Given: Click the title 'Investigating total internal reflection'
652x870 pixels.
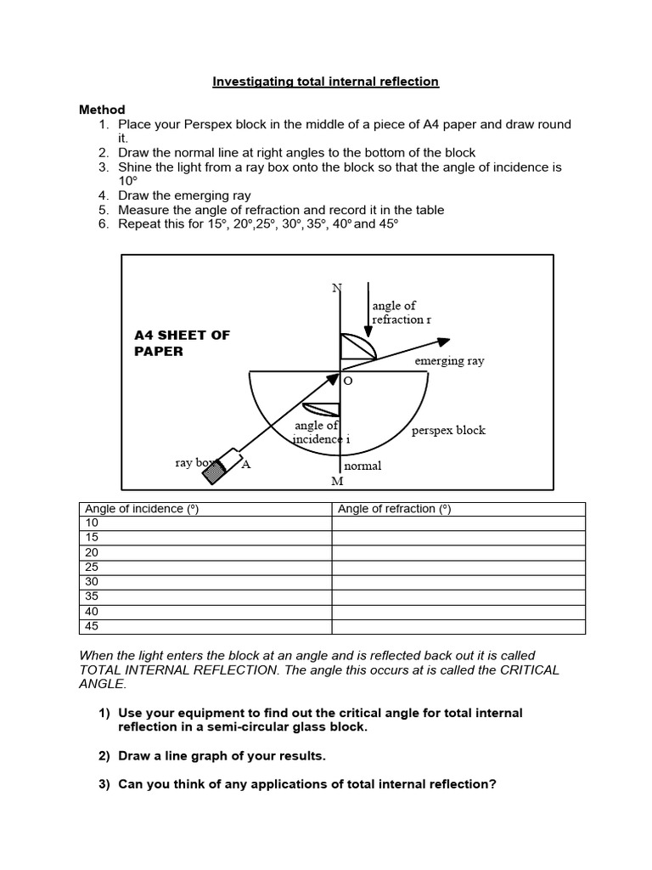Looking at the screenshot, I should [x=325, y=82].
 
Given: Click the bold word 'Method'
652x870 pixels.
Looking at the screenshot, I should [x=102, y=110].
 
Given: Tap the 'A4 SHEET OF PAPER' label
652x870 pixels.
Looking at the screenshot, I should [x=182, y=342].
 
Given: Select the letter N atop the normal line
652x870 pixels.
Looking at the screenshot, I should [x=336, y=287].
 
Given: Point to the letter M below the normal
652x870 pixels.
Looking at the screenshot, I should [x=337, y=482].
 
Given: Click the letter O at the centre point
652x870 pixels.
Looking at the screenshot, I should [x=347, y=382].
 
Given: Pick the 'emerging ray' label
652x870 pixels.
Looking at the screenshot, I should [x=449, y=361].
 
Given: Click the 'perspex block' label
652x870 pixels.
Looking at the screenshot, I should [x=448, y=430].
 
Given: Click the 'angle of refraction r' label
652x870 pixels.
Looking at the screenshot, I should [x=401, y=313].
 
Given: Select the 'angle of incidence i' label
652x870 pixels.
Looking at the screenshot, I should [x=318, y=432].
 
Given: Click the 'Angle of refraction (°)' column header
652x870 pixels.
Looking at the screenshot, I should [x=395, y=509].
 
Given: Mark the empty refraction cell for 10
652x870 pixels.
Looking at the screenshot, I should [x=458, y=523].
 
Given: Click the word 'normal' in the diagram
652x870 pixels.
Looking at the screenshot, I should [x=363, y=466].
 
